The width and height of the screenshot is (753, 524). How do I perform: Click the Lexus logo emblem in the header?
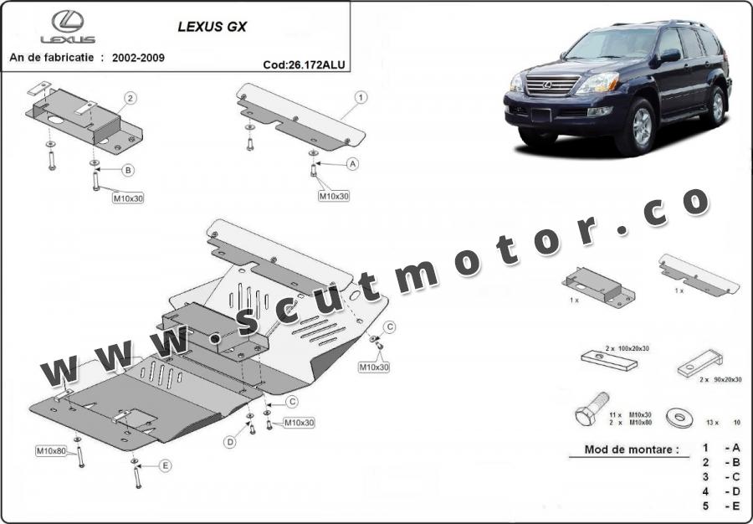[68, 21]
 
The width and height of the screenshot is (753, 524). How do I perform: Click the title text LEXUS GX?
[213, 27]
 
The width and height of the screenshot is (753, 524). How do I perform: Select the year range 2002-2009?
[138, 58]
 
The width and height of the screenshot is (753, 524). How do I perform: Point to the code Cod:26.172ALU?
[304, 64]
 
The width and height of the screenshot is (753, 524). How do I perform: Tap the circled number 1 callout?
[361, 97]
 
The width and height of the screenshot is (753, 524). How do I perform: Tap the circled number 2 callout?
[131, 99]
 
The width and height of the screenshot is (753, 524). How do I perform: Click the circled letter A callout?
[353, 164]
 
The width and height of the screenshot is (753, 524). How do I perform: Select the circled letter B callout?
[128, 170]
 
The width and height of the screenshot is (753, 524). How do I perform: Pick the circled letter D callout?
[231, 442]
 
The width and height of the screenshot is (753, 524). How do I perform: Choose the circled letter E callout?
[165, 465]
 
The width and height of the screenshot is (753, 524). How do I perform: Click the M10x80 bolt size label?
[51, 451]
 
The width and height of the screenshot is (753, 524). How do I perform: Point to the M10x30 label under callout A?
[334, 196]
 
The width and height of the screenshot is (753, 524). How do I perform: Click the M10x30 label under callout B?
[128, 198]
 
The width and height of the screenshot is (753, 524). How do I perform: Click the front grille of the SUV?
[553, 85]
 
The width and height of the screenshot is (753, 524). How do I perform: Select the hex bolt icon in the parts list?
[592, 408]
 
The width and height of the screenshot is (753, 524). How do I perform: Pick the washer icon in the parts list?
[680, 418]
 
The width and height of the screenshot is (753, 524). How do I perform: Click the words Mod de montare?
[632, 450]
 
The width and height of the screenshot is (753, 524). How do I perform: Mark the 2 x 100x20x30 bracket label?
[627, 348]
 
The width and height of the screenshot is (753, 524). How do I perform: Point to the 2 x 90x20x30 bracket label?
[720, 379]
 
